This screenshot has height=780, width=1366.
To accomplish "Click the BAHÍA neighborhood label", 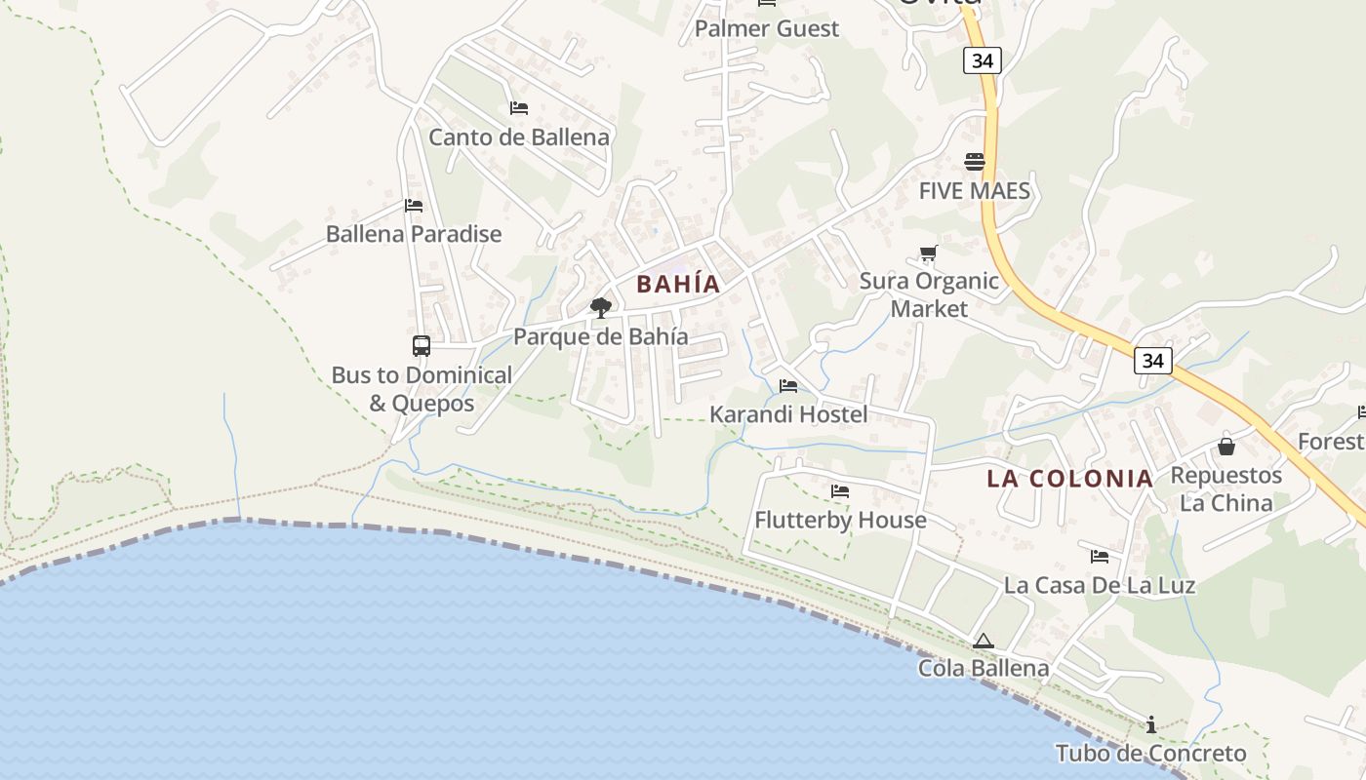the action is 678,284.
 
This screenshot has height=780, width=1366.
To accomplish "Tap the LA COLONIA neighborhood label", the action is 1069,479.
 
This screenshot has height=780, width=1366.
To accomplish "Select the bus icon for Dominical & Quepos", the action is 422,346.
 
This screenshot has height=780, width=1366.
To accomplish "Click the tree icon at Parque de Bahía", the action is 601,308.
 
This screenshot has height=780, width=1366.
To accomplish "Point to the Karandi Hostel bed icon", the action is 788,386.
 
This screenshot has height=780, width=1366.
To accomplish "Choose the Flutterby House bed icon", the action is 840,491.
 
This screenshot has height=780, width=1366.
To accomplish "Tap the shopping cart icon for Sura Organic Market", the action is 928,253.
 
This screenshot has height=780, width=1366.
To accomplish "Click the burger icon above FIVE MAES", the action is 975,162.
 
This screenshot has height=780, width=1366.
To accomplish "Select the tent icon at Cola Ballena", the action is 983,641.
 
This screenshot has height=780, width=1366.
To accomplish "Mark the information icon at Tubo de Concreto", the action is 1151,724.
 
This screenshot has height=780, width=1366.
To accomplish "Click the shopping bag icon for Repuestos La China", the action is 1225,447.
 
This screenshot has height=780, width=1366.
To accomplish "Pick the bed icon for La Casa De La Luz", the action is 1100,557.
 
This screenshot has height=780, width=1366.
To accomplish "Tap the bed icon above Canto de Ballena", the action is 519,108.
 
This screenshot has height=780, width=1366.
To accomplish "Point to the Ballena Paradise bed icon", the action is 414,206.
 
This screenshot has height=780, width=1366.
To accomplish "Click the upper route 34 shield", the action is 982,60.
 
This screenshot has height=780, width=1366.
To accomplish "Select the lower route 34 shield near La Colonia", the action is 1152,361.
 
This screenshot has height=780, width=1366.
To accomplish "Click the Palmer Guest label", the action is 766,29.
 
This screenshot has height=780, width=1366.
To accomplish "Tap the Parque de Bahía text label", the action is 600,337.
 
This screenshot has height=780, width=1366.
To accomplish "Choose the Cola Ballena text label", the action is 983,669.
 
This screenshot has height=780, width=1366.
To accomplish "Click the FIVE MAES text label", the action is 974,191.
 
